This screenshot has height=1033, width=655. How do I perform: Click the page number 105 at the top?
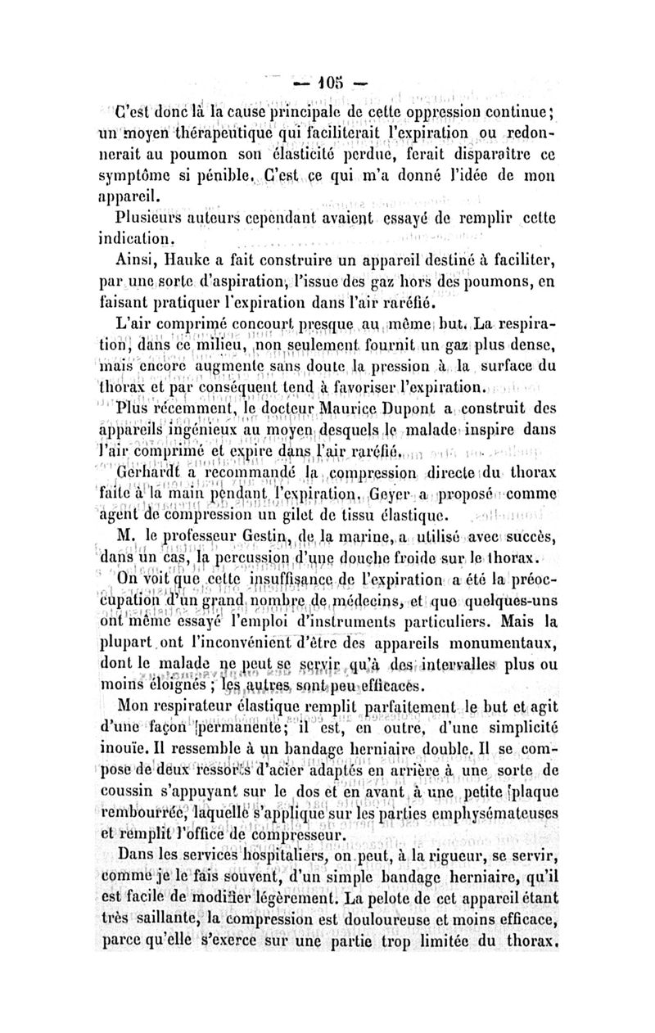tap(327, 83)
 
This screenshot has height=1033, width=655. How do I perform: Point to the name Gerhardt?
tap(149, 473)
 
